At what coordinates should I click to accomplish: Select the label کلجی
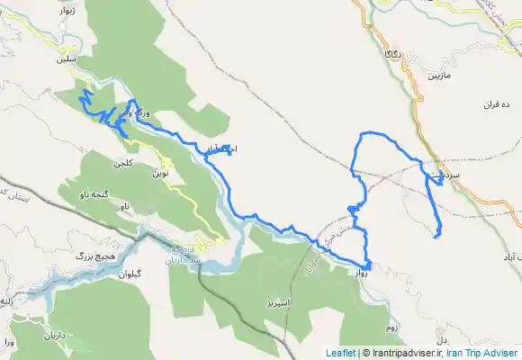pyautogui.click(x=122, y=164)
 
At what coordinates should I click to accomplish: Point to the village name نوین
pyautogui.click(x=160, y=172)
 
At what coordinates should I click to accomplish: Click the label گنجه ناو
pyautogui.click(x=93, y=193)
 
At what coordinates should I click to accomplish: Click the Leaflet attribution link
pyautogui.click(x=341, y=353)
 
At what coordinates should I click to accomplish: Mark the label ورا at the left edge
pyautogui.click(x=9, y=343)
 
